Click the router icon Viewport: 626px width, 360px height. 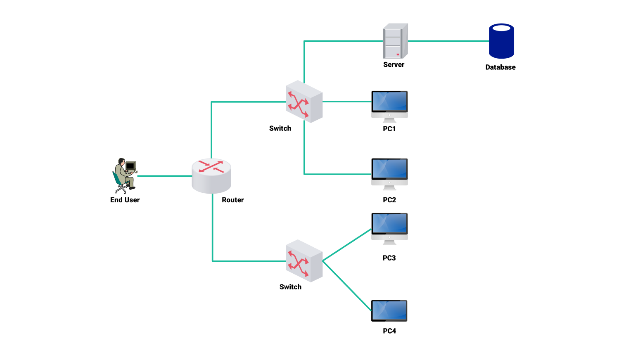click(x=211, y=176)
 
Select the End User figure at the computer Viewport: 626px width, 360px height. click(x=124, y=175)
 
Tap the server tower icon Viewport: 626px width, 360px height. click(x=395, y=41)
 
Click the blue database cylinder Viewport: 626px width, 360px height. click(x=501, y=41)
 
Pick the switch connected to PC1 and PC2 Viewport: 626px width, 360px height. click(x=304, y=102)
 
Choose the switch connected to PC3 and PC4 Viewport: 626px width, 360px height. click(x=304, y=261)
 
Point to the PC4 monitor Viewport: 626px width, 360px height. click(x=389, y=311)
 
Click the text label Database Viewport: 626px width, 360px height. click(x=500, y=67)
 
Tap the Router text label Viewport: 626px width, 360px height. click(x=232, y=200)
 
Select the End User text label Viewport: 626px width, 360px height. click(x=125, y=200)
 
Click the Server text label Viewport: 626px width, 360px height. click(x=394, y=64)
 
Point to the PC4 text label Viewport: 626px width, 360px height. click(x=389, y=331)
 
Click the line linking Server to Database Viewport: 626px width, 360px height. click(x=448, y=41)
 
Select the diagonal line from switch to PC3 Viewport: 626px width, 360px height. click(x=347, y=245)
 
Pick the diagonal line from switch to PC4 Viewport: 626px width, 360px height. click(x=347, y=286)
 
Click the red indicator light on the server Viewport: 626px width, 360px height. click(x=398, y=54)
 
